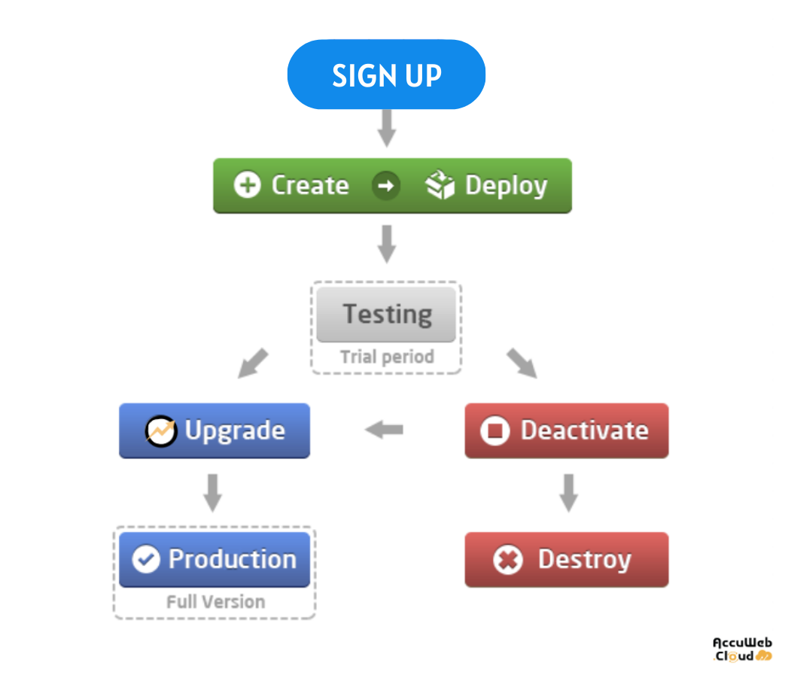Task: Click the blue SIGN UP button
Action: point(386,74)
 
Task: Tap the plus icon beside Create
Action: point(247,185)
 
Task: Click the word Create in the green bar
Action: point(310,185)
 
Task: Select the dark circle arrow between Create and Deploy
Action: point(386,186)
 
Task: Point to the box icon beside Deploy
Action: point(440,184)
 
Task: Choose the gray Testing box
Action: point(386,315)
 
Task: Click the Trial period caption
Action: point(387,357)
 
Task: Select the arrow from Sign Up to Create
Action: point(387,128)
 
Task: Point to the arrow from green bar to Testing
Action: point(387,244)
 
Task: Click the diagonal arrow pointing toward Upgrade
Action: point(253,363)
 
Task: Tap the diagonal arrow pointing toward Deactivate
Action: point(522,363)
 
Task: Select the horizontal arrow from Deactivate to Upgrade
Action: point(384,430)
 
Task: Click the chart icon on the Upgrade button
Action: point(161,431)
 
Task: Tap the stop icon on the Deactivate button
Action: point(494,431)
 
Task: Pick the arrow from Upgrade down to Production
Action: point(213,493)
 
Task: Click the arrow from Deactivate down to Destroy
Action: point(569,493)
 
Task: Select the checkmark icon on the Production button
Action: point(146,560)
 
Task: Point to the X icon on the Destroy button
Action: point(508,560)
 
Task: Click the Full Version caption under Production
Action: point(216,602)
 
